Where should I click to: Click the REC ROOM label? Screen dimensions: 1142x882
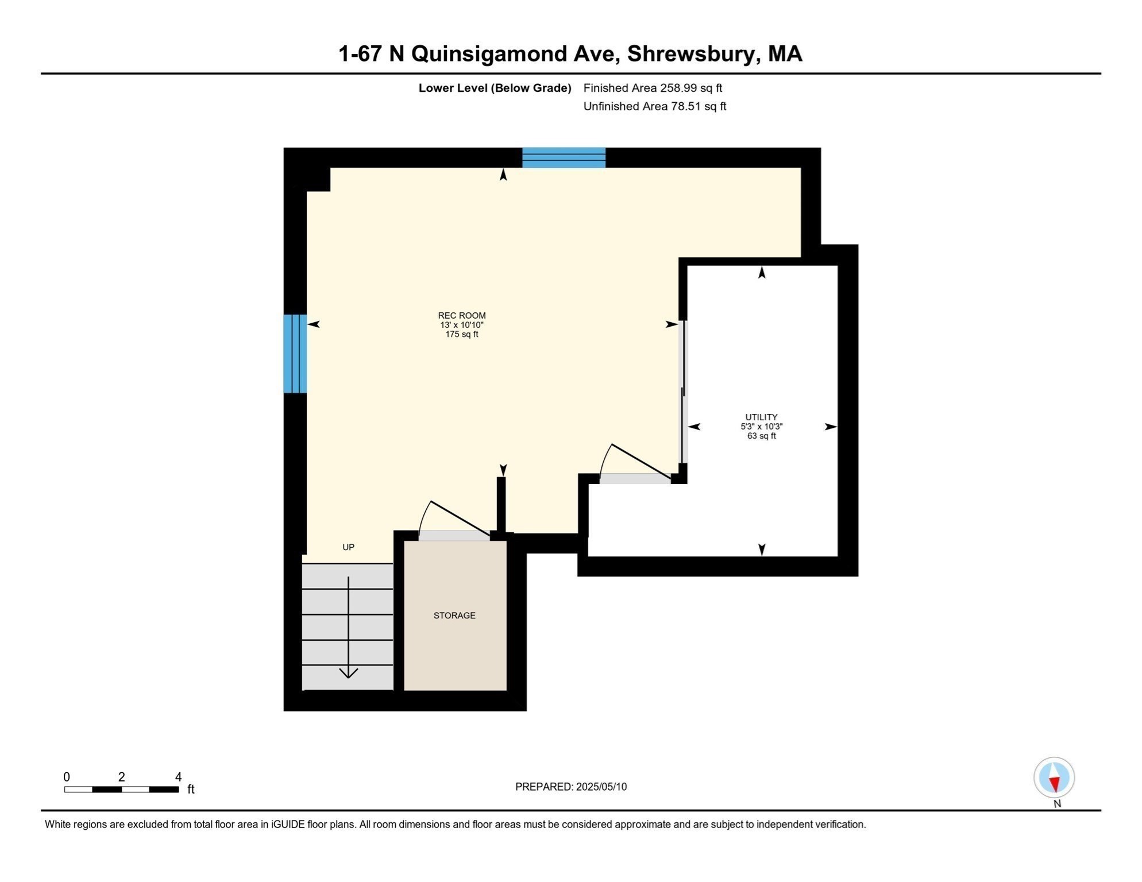tap(461, 315)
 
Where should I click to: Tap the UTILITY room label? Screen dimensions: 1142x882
tap(761, 417)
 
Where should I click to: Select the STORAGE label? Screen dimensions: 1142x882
tap(454, 616)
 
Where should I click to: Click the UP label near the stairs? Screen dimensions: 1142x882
tap(348, 547)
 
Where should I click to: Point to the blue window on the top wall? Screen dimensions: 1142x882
tap(564, 158)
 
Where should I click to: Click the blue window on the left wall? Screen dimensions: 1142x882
tap(295, 354)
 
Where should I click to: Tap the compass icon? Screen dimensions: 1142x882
tap(1054, 777)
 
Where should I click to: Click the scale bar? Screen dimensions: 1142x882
tap(122, 790)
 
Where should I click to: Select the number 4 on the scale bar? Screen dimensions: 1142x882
tap(179, 777)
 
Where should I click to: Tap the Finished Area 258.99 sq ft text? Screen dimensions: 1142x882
tap(653, 88)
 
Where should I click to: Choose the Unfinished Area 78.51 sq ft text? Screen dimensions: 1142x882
tap(655, 106)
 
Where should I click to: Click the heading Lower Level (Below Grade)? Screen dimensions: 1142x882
tap(495, 88)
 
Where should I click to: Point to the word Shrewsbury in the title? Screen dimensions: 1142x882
tap(692, 54)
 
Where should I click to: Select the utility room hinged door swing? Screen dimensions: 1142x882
tap(635, 461)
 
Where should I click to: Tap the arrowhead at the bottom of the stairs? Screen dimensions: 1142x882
tap(348, 673)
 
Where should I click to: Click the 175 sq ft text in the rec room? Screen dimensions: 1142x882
tap(461, 334)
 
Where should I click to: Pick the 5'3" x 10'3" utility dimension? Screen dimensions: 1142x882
tap(761, 427)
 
